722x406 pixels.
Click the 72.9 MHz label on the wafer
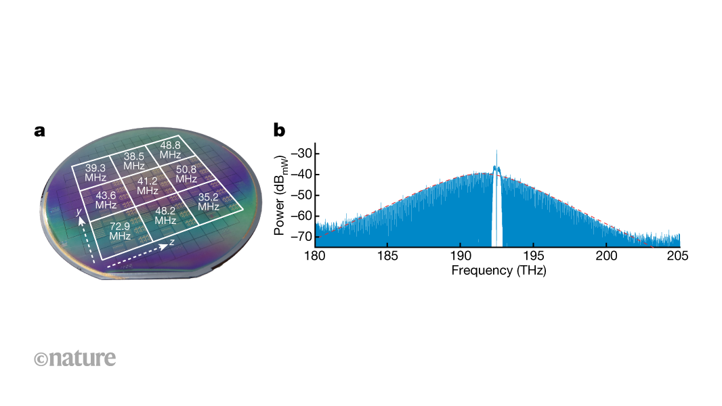121,231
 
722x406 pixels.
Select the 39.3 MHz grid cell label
96,173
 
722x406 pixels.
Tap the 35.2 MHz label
209,202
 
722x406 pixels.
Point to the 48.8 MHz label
170,150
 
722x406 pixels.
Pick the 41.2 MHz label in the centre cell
148,186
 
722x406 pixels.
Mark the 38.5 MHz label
134,160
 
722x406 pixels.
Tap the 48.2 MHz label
165,215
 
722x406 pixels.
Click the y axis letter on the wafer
79,211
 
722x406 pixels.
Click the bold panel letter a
40,131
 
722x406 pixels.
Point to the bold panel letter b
278,129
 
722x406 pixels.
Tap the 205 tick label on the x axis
678,255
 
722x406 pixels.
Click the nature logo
75,358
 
